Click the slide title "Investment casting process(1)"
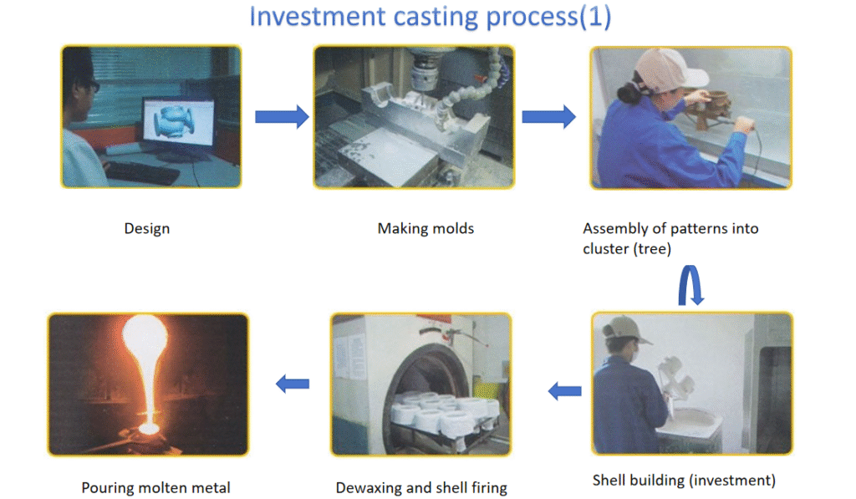click(x=430, y=18)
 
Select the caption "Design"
click(x=147, y=228)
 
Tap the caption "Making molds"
click(x=425, y=228)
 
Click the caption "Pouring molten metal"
click(x=155, y=487)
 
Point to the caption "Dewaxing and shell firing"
click(x=421, y=487)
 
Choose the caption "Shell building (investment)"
click(x=684, y=480)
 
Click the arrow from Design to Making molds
click(x=281, y=116)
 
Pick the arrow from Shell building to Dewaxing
click(x=564, y=390)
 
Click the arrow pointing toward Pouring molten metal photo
click(x=293, y=384)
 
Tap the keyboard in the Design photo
click(x=142, y=171)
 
